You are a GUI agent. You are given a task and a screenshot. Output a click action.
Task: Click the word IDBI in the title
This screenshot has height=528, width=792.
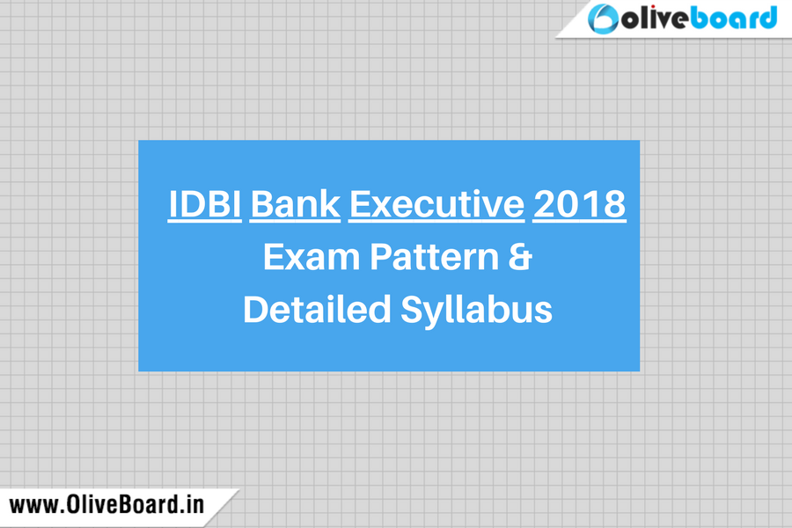coord(204,204)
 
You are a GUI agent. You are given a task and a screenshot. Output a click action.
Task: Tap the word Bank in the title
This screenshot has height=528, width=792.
coord(295,204)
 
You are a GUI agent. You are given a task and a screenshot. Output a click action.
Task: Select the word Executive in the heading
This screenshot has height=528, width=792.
coord(436,204)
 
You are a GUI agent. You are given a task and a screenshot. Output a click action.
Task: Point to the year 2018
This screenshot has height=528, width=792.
coord(580,204)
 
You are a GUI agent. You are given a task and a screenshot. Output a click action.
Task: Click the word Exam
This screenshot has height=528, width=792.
coord(312,257)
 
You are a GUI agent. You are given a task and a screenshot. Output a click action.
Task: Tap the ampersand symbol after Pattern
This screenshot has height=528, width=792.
coord(520,257)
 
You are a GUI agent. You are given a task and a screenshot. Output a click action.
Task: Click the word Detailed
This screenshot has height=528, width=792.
coord(317,309)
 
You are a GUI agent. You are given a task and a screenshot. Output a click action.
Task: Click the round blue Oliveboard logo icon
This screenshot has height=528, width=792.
coord(603,18)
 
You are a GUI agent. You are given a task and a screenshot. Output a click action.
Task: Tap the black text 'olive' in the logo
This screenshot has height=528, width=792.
coord(655,19)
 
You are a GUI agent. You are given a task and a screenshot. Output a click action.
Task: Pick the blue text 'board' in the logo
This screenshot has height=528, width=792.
coord(733,18)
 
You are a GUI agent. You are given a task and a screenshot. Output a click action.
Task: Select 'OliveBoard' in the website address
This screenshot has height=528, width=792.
coord(122,505)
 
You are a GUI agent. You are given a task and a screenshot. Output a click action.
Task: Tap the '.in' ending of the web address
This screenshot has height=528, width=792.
coord(193,505)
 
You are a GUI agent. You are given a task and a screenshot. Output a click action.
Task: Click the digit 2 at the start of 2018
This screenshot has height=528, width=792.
coord(544,204)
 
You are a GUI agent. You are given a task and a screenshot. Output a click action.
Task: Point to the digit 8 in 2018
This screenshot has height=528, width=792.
coord(615,204)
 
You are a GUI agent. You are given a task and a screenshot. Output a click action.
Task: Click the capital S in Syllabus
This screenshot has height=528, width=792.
coord(411,309)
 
